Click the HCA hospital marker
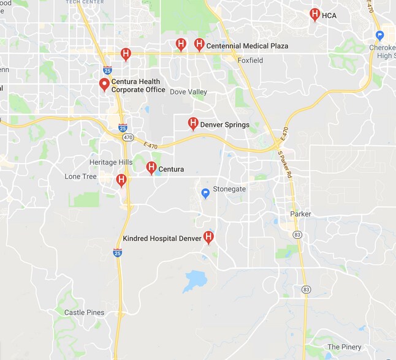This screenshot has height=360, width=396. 314,14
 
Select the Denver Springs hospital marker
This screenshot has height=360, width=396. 193,124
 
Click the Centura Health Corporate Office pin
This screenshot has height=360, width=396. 104,84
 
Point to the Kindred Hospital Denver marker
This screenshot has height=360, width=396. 208,237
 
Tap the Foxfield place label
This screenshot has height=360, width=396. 250,61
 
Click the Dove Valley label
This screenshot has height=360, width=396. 188,92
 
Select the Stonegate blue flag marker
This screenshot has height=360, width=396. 206,193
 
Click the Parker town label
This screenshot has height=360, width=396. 300,214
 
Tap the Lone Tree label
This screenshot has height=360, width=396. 81,176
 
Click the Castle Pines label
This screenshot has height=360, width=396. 85,312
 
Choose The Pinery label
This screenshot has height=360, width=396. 345,347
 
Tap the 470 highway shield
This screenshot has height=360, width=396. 127,138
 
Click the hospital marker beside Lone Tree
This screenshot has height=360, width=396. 121,179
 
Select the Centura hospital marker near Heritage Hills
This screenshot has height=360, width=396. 151,167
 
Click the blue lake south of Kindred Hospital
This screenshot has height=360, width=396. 195,280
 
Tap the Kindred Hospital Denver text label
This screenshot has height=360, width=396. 162,238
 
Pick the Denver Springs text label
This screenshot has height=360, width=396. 225,125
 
